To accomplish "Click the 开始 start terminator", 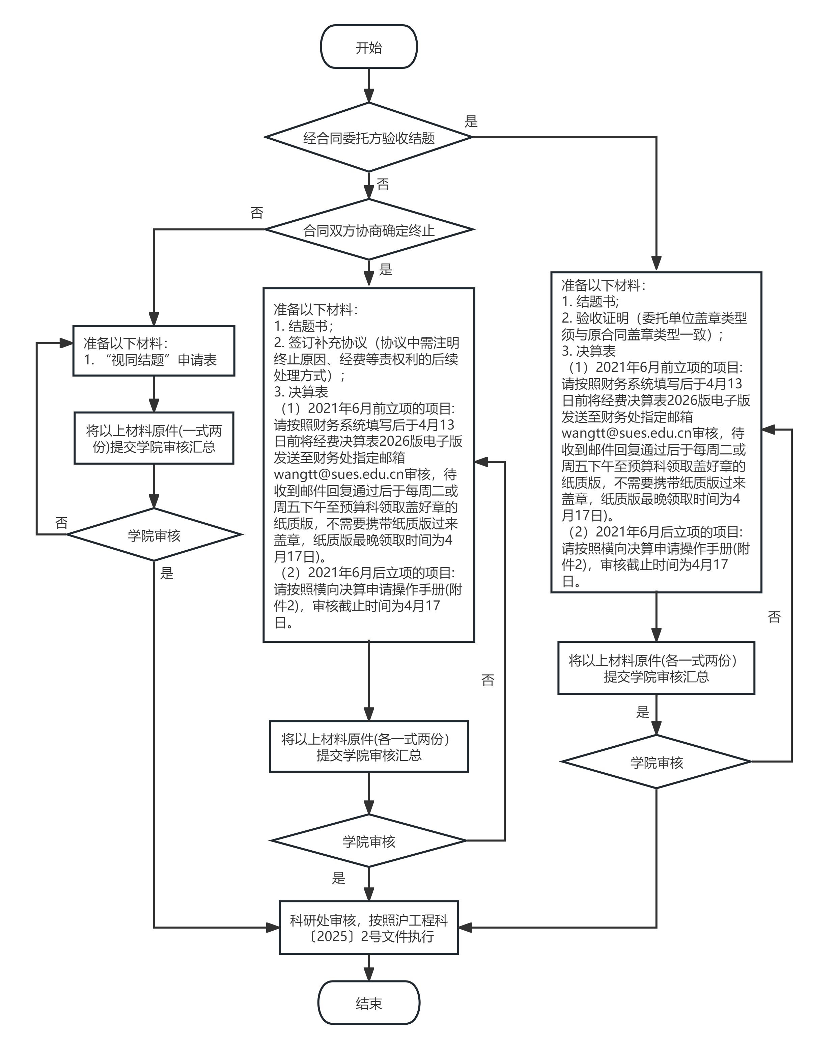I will [368, 47].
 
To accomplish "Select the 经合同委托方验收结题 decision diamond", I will [368, 138].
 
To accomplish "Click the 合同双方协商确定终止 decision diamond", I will [368, 230].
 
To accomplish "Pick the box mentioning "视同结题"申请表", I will [154, 351].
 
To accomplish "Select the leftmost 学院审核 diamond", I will [154, 535].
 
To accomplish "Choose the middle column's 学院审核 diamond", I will [368, 841].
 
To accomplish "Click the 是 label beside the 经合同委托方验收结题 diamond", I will [471, 121].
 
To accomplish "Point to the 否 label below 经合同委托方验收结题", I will [383, 185].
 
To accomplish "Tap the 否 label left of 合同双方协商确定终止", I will [257, 213].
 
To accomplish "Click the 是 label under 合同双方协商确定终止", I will [385, 270].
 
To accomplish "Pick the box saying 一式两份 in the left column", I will [154, 438].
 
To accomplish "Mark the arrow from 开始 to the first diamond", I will [368, 85].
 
